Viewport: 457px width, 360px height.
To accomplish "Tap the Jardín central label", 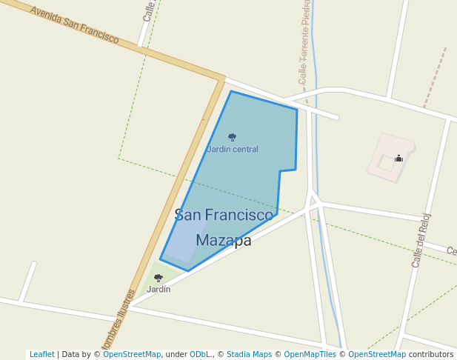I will [233, 149].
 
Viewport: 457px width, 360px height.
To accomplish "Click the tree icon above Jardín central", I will [232, 137].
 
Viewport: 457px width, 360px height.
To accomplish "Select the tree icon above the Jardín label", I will [158, 278].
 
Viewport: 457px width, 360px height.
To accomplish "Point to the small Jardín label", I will [159, 289].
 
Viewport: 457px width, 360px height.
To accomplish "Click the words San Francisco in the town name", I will [224, 215].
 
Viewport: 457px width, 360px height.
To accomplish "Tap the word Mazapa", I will [224, 240].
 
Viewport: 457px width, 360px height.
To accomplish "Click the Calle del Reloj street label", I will [421, 240].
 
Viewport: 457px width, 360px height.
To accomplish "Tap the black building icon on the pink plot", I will [398, 158].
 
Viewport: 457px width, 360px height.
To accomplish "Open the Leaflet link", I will [41, 355].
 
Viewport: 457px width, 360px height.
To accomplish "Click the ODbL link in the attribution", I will [200, 355].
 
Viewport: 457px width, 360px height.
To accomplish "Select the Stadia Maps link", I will [249, 355].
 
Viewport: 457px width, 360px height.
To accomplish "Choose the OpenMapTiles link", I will [310, 355].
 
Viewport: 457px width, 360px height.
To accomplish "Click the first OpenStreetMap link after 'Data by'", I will [132, 355].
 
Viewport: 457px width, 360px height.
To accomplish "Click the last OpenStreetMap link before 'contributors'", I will [377, 355].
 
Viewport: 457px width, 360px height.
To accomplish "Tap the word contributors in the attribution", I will [430, 355].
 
